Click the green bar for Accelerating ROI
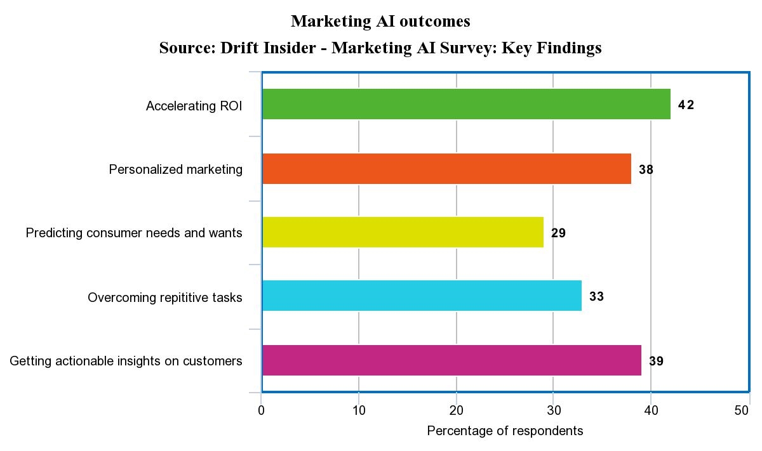pyautogui.click(x=466, y=104)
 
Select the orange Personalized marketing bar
pyautogui.click(x=446, y=169)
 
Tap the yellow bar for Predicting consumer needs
pyautogui.click(x=403, y=232)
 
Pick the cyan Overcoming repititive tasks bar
pyautogui.click(x=422, y=296)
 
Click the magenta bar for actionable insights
pyautogui.click(x=451, y=360)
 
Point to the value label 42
pyautogui.click(x=686, y=105)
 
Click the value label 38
pyautogui.click(x=646, y=170)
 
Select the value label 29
pyautogui.click(x=558, y=233)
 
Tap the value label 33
pyautogui.click(x=596, y=297)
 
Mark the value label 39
pyautogui.click(x=656, y=362)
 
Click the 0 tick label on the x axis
pyautogui.click(x=262, y=411)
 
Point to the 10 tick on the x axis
pyautogui.click(x=359, y=411)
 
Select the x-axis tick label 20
pyautogui.click(x=456, y=411)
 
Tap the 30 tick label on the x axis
pyautogui.click(x=553, y=411)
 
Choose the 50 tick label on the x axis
pyautogui.click(x=742, y=411)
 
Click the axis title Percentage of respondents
pyautogui.click(x=505, y=431)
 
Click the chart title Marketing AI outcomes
pyautogui.click(x=380, y=21)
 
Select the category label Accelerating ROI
pyautogui.click(x=194, y=106)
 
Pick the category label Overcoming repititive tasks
pyautogui.click(x=164, y=297)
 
